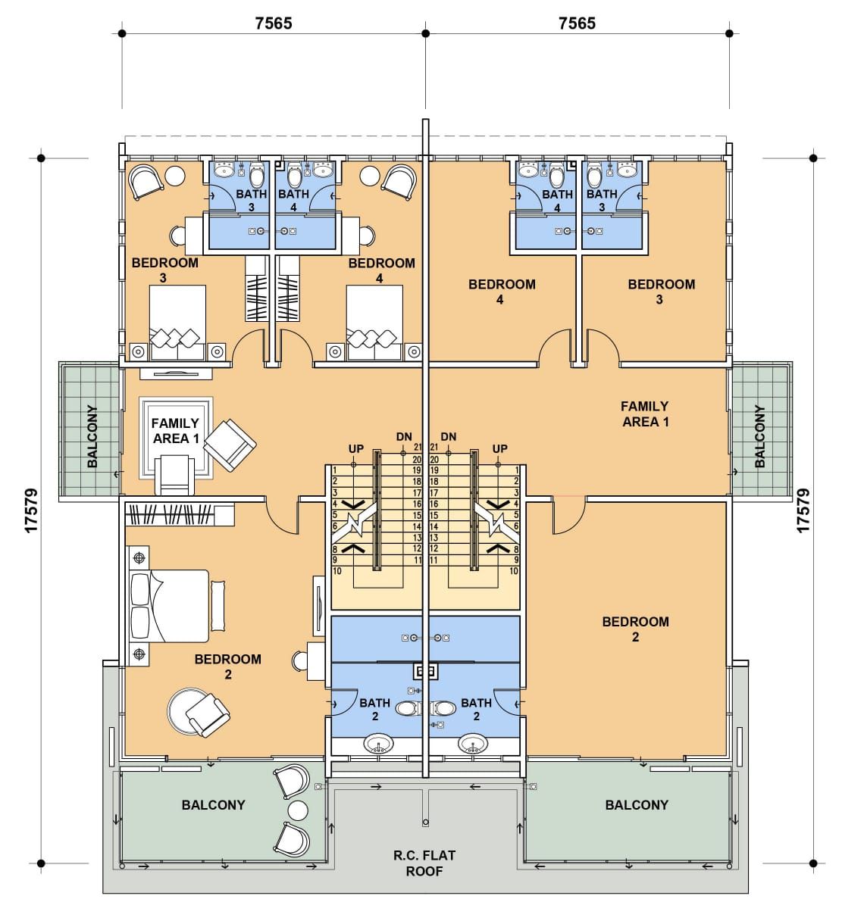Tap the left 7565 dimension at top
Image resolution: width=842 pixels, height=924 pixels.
(274, 23)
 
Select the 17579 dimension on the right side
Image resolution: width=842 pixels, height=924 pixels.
(803, 510)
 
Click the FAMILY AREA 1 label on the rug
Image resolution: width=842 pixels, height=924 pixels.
(175, 431)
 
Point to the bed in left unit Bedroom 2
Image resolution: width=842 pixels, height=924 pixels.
(169, 606)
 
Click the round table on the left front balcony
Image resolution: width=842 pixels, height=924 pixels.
(297, 823)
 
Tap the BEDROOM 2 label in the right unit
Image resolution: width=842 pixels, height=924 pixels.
(635, 629)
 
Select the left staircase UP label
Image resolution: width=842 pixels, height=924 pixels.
(355, 448)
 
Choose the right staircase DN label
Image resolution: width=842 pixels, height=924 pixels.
(448, 436)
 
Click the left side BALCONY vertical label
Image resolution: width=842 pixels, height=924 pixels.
(92, 436)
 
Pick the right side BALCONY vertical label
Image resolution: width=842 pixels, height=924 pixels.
(759, 436)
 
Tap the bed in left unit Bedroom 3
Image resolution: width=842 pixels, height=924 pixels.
(177, 323)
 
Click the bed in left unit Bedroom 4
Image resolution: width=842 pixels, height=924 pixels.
(374, 323)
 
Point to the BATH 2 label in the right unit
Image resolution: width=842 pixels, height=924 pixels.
(477, 710)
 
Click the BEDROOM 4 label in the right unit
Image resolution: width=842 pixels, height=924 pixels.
(502, 292)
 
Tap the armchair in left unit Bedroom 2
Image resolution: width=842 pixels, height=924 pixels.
(207, 716)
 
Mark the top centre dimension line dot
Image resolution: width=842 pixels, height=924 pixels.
(425, 33)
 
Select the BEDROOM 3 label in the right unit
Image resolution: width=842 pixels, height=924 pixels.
(661, 292)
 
